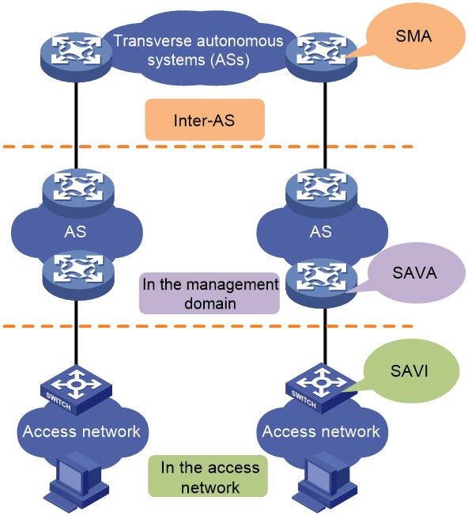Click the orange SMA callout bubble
point(415,36)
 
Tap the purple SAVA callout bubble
point(416,273)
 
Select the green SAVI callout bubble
point(411,371)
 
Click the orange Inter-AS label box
point(205,120)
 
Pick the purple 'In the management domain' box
point(209,293)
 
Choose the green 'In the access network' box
point(208,476)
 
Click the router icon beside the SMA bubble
point(322,57)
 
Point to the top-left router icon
point(76,57)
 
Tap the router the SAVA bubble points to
point(322,283)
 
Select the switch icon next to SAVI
point(322,389)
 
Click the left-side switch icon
point(76,390)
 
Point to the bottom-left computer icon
point(76,481)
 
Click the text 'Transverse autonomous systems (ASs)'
point(198,51)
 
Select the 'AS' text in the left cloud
point(75,232)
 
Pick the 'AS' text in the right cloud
point(321,232)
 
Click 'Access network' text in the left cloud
point(81,431)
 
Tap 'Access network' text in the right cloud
point(321,431)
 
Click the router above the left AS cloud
point(78,193)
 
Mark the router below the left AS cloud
point(78,275)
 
